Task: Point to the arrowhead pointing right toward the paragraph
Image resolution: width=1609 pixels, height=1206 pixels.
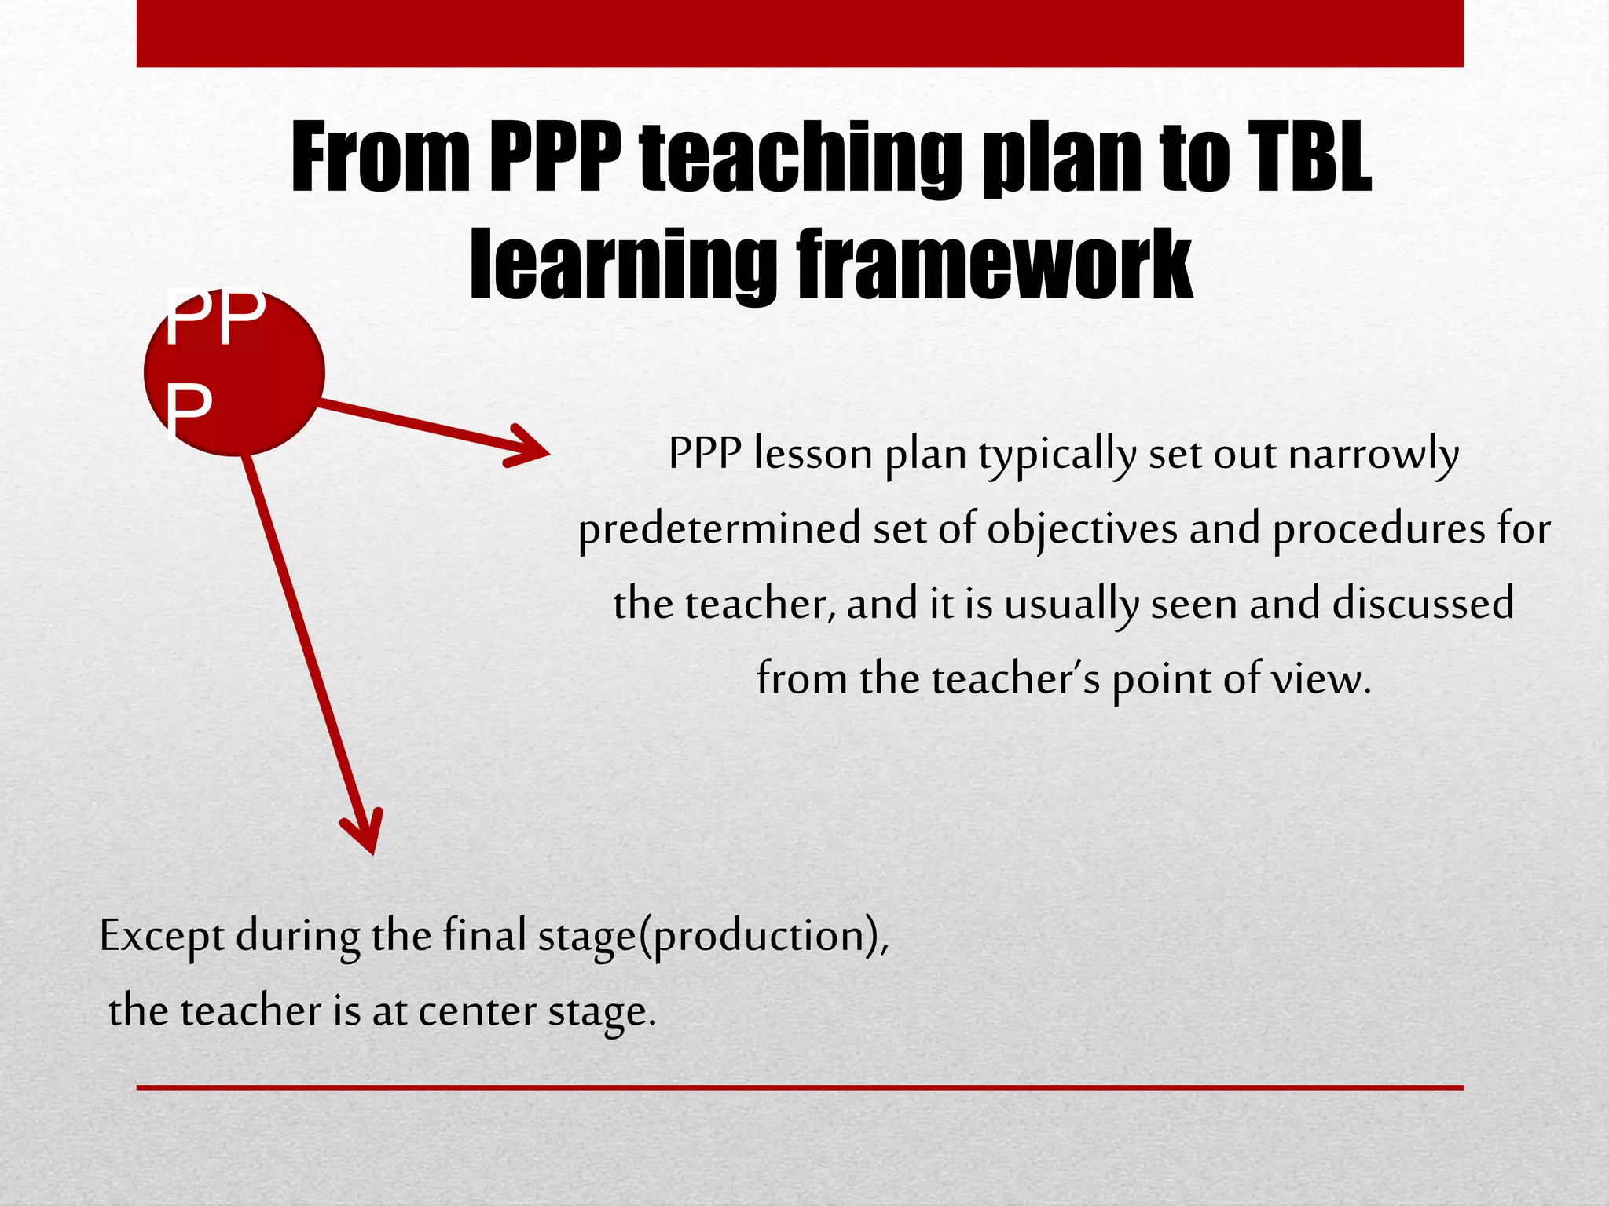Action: coord(534,449)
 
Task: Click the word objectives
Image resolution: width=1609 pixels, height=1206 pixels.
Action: coord(1082,529)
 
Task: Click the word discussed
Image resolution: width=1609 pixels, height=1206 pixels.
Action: coord(1423,603)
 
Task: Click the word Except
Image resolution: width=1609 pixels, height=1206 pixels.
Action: coord(162,936)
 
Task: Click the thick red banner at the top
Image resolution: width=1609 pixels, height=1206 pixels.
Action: coord(800,33)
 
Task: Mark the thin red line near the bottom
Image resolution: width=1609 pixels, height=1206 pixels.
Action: coord(800,1087)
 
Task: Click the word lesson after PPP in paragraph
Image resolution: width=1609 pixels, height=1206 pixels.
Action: coord(813,454)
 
